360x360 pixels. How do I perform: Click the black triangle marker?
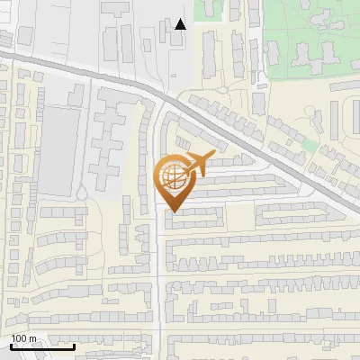181,24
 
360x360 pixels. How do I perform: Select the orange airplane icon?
197,164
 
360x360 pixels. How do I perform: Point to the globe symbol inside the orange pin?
171,176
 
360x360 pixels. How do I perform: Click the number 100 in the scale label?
19,339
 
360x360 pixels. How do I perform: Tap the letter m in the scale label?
33,339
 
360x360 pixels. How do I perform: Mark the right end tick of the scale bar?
75,346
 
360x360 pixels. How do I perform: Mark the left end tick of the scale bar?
10,346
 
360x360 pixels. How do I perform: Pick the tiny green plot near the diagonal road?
310,144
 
